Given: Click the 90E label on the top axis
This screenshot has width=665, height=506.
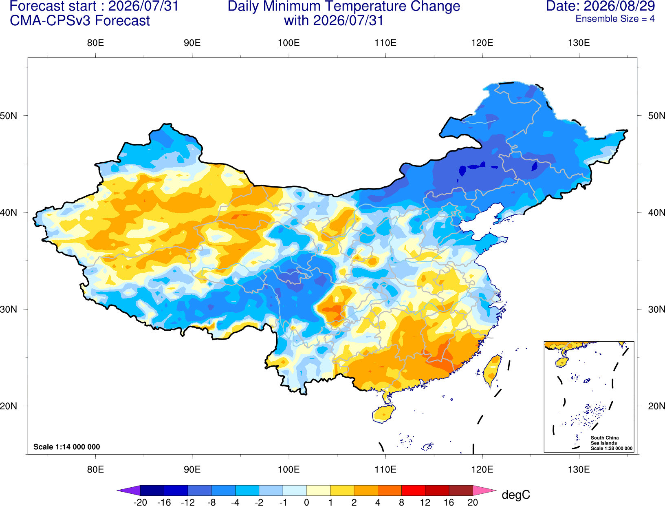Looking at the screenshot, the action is [x=192, y=43].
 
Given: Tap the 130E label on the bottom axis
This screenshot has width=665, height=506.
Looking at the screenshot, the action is [x=579, y=469].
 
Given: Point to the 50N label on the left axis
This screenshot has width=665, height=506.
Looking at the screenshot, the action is [x=9, y=115].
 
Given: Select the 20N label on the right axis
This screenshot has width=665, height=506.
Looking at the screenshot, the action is [x=656, y=406].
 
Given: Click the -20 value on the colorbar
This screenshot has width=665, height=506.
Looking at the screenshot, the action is [x=140, y=502].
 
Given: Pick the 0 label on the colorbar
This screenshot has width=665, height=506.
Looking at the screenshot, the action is [x=306, y=502].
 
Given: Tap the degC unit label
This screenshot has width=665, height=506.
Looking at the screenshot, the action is [x=515, y=495].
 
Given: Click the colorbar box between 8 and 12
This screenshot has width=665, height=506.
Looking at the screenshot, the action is [x=413, y=490].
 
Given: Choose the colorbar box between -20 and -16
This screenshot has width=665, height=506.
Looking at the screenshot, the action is [x=152, y=490].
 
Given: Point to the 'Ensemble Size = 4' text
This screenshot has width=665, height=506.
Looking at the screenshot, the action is [x=615, y=19].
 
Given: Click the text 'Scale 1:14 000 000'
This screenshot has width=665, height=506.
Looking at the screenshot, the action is [x=67, y=446].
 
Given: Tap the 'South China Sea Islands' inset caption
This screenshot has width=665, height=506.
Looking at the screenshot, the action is [x=604, y=440].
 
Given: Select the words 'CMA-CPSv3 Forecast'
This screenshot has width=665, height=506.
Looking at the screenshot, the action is [x=80, y=21].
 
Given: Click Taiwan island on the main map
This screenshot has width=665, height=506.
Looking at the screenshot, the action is [x=491, y=371].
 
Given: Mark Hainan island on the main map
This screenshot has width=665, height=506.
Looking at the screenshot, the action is [x=383, y=413].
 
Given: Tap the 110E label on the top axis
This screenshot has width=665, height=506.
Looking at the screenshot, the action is [x=385, y=43].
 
